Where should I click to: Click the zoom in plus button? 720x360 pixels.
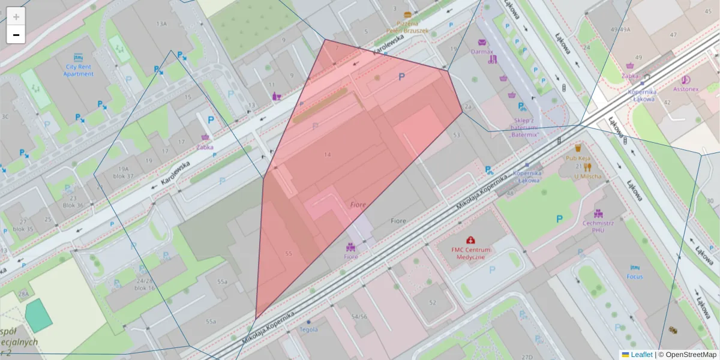pos(16,17)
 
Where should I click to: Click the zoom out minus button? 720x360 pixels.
pos(16,35)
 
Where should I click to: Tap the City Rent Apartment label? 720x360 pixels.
pos(79,70)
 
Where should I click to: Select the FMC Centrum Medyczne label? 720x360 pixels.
pos(471,253)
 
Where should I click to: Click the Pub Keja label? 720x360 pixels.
pos(578,158)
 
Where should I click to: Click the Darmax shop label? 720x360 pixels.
pos(482,52)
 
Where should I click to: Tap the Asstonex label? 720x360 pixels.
pos(686,89)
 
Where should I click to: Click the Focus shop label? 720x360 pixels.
pos(635,277)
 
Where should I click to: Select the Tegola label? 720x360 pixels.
pos(308,329)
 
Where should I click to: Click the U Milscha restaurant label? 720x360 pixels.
pos(587,176)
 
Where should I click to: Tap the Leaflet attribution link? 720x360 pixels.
pos(641,355)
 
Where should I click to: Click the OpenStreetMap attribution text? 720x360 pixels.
pos(691,355)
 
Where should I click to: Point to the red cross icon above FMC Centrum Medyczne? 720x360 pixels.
pos(470,240)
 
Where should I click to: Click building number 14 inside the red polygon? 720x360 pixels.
pos(327,155)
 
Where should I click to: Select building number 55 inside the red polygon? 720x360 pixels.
pos(289,254)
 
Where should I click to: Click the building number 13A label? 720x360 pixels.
pos(161,23)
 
